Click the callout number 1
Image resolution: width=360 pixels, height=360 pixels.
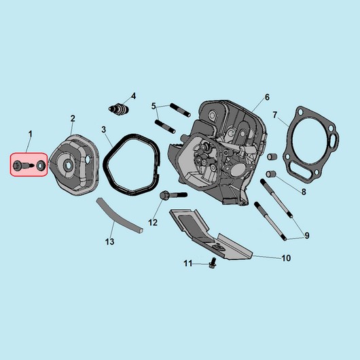click(31, 134)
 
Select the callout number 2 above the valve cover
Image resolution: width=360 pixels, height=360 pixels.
click(73, 119)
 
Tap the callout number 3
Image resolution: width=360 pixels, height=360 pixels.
click(104, 130)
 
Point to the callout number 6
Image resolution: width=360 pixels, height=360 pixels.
click(267, 97)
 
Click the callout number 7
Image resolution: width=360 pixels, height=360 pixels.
click(275, 115)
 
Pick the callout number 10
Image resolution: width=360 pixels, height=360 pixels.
click(286, 258)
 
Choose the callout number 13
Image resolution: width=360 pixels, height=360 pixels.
click(110, 242)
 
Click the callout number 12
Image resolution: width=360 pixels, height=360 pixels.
click(153, 223)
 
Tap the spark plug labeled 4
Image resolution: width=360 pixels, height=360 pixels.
click(118, 109)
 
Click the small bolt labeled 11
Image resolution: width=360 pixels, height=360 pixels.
click(213, 263)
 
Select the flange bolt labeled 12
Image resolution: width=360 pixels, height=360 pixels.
click(173, 196)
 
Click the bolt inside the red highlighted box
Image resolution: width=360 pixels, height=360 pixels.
click(23, 165)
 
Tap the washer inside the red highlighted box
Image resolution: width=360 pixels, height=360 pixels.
click(41, 166)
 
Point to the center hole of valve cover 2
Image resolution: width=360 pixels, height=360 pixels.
click(69, 166)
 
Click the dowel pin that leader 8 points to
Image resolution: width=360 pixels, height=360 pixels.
click(271, 175)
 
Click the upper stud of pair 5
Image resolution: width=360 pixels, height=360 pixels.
click(180, 110)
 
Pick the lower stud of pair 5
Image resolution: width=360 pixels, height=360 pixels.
click(165, 126)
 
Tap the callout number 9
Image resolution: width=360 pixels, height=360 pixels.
click(307, 236)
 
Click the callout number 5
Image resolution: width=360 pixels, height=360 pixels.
click(154, 106)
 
